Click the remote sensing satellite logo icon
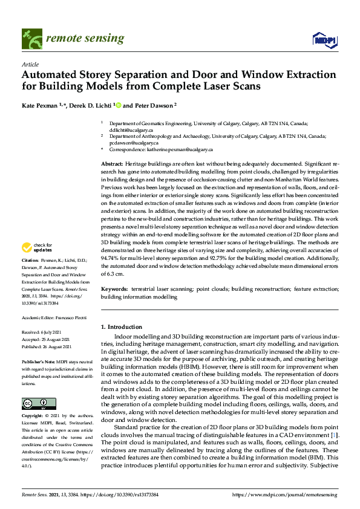click(29, 39)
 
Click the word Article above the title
click(30, 63)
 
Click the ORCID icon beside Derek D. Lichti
click(119, 105)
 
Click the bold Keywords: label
click(115, 290)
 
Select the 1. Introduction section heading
click(121, 327)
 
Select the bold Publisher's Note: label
click(38, 361)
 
